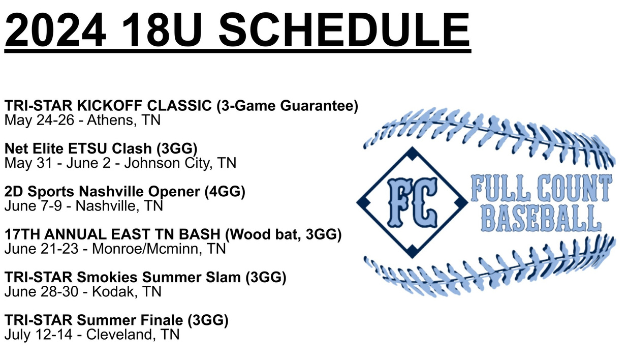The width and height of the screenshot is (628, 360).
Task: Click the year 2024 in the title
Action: (55, 29)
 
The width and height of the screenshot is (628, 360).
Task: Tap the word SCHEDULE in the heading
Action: (344, 29)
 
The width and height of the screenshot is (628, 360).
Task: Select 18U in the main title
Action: (162, 29)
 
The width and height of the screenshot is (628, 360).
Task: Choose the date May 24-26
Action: (39, 121)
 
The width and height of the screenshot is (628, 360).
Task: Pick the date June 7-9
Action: (33, 206)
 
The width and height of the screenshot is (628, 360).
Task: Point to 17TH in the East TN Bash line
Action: (22, 234)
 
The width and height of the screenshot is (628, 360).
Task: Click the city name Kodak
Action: (115, 292)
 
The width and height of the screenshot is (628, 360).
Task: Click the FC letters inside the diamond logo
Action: (412, 202)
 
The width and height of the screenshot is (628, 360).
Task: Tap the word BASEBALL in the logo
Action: (541, 218)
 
